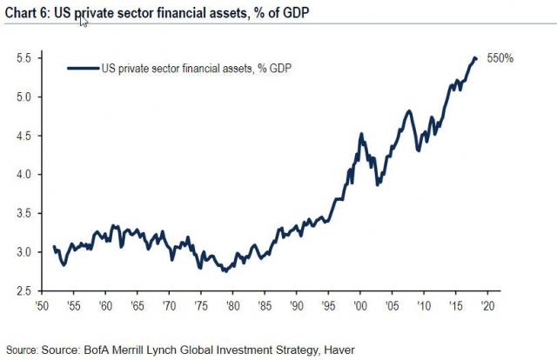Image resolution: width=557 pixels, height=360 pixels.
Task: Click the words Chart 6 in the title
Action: pos(27,10)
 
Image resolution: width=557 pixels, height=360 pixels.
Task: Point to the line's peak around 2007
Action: pos(409,110)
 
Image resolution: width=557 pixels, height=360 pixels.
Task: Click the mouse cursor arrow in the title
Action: pos(84,19)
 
